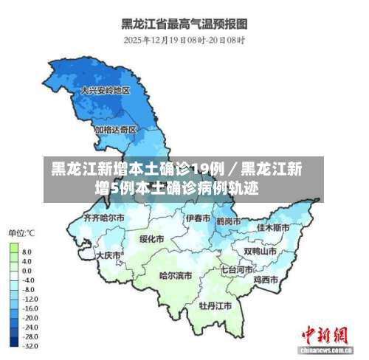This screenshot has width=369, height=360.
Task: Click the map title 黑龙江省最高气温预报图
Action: (184, 23)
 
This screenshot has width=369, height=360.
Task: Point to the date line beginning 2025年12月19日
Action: (184, 39)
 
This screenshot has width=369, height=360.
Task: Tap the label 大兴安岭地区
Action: (106, 91)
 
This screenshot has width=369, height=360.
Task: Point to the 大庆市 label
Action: (109, 255)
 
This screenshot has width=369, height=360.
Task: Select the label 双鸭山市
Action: (261, 251)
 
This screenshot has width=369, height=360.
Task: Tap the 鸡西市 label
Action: (266, 280)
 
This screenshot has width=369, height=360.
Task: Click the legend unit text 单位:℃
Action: (21, 234)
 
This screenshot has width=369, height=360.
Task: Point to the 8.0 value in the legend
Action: (27, 252)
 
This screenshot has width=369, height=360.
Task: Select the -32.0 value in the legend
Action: (29, 345)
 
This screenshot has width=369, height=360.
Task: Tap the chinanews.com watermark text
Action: (325, 347)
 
